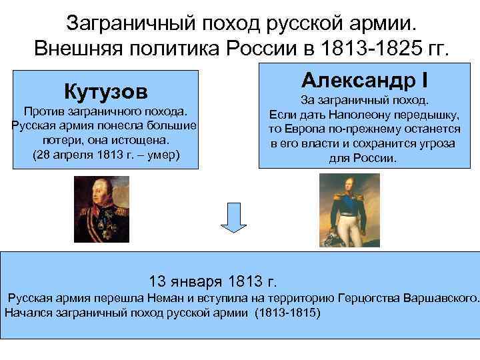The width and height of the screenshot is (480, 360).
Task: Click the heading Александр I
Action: click(x=363, y=80)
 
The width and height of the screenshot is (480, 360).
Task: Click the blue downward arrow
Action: click(x=233, y=219)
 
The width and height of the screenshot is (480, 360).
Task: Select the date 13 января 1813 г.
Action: click(x=213, y=280)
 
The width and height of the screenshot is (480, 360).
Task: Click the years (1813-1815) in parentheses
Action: click(x=288, y=312)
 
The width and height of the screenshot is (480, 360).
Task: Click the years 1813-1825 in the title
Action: click(x=377, y=48)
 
